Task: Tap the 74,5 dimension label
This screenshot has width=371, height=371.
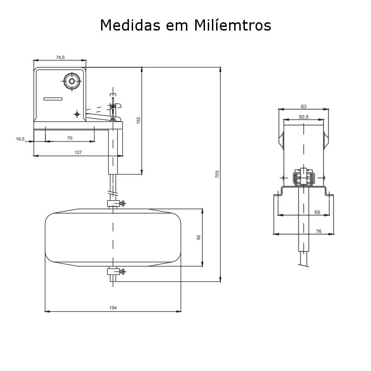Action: pyautogui.click(x=60, y=57)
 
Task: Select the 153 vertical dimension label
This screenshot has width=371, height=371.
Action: pyautogui.click(x=138, y=120)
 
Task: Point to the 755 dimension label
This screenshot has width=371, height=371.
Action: pyautogui.click(x=217, y=174)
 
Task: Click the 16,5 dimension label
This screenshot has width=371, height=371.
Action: pyautogui.click(x=20, y=138)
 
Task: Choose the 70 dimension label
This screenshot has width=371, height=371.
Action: pyautogui.click(x=70, y=138)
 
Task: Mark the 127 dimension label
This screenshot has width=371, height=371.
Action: pyautogui.click(x=78, y=152)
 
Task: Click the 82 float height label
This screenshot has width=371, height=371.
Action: pyautogui.click(x=198, y=237)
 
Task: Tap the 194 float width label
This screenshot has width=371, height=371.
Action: pyautogui.click(x=113, y=307)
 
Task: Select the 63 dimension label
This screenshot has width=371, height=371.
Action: pyautogui.click(x=304, y=106)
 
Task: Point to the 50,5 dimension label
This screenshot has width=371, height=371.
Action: pyautogui.click(x=304, y=117)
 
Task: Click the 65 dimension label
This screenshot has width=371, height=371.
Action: pyautogui.click(x=317, y=212)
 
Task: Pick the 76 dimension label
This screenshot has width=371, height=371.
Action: pyautogui.click(x=318, y=230)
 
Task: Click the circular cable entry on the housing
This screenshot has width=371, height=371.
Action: pyautogui.click(x=72, y=81)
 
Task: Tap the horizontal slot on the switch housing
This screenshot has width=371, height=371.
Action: pyautogui.click(x=53, y=99)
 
